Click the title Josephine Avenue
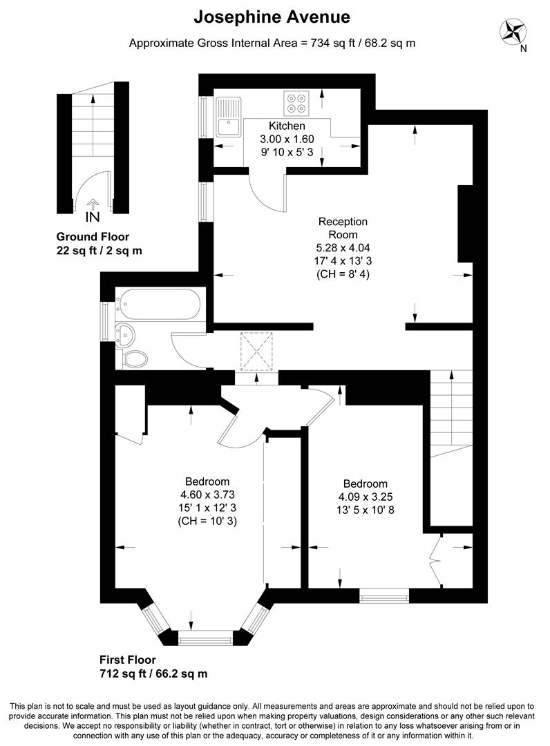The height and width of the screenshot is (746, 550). point(272,17)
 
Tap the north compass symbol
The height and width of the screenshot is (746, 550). point(513,32)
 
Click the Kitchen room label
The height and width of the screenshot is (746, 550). point(287,126)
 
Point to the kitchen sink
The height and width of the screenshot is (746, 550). point(227,119)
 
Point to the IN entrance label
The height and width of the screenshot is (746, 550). point(93,216)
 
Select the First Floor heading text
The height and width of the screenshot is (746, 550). point(127,660)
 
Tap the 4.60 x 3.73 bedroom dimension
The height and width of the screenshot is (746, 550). point(207,495)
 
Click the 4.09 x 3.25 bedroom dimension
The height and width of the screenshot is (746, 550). point(365,497)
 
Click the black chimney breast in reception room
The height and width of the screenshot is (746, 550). point(465,221)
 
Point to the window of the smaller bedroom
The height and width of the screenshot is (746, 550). point(384,595)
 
